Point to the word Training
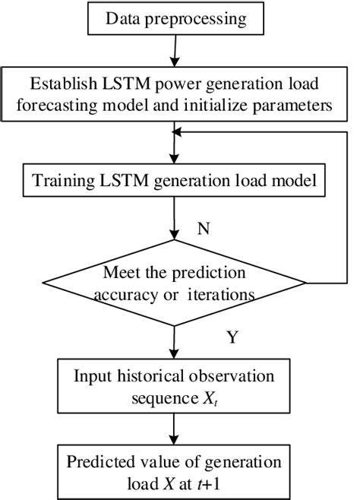pyautogui.click(x=58, y=182)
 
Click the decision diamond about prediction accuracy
pyautogui.click(x=176, y=283)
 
